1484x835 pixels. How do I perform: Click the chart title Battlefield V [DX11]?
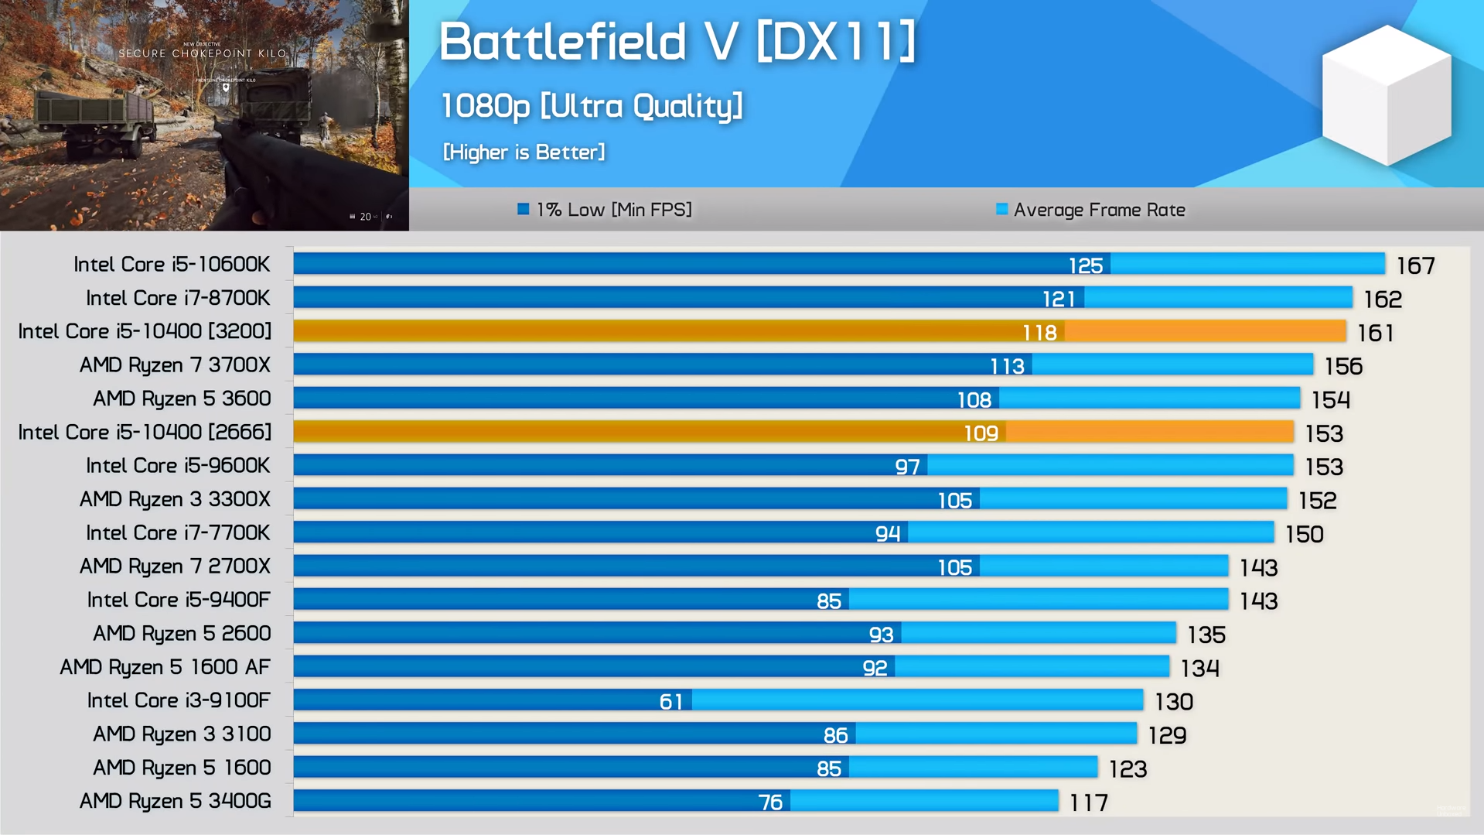[677, 41]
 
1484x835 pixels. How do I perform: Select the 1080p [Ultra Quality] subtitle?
[592, 106]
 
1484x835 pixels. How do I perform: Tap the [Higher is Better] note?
[524, 152]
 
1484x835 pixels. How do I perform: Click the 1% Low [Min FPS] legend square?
[524, 209]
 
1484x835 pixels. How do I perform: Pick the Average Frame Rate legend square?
[1001, 209]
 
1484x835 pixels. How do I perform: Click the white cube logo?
[1387, 95]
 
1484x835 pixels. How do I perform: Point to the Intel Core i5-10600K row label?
[172, 265]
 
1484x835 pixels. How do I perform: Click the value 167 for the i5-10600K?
[1415, 266]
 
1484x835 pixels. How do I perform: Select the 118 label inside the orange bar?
[1039, 333]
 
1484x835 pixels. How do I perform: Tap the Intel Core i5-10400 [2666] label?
[145, 432]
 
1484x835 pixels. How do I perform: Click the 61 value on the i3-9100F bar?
[670, 701]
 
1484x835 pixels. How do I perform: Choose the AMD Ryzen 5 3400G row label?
[175, 801]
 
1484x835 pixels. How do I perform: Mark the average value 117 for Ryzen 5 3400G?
[1088, 803]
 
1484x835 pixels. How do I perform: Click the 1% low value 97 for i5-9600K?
[907, 467]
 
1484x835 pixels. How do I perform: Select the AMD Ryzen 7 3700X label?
[175, 365]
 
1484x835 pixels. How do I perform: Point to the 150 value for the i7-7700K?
[1304, 534]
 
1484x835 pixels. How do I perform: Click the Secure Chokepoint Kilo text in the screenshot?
[203, 53]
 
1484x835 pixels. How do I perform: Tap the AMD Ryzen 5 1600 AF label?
[165, 667]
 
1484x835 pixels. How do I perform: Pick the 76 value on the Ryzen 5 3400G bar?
[769, 802]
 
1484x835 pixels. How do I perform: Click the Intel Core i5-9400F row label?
[179, 600]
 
